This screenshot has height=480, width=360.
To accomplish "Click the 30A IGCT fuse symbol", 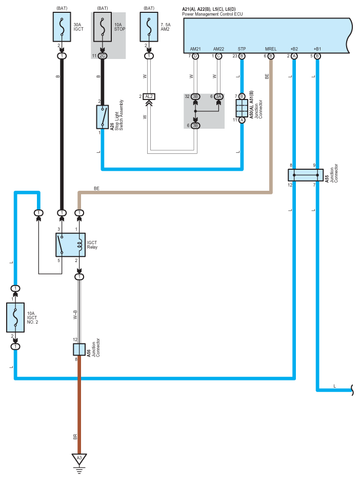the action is tap(62, 27).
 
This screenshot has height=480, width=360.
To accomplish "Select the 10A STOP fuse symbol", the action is tap(102, 27).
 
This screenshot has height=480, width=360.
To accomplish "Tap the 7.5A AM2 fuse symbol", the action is tap(149, 27).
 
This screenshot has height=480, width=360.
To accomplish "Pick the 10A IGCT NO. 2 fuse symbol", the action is tap(15, 317).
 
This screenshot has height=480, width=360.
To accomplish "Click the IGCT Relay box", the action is tap(70, 245).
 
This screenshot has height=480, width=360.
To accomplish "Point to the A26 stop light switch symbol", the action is tap(102, 117).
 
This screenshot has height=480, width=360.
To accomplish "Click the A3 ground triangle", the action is tap(79, 459).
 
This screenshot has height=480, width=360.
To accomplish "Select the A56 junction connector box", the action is tap(79, 349).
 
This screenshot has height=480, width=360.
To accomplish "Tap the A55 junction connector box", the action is tap(306, 175).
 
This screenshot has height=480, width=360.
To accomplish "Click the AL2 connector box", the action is tap(149, 96).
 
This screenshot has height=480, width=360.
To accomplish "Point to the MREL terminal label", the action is tap(271, 49).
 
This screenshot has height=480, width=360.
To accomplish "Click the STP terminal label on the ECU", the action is tap(242, 49).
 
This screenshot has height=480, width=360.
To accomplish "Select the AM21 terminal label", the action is tap(195, 49).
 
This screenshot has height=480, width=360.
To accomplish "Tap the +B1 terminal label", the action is tap(317, 49).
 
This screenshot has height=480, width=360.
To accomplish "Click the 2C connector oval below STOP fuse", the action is tap(102, 56).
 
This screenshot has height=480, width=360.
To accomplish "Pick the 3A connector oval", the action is tap(218, 96).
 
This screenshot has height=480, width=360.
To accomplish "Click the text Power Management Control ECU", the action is tap(212, 14).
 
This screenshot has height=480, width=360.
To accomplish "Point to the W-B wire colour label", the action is tap(75, 315).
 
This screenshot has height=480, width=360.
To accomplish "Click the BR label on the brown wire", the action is tap(75, 437).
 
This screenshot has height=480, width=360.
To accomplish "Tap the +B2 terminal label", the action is tap(294, 49).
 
